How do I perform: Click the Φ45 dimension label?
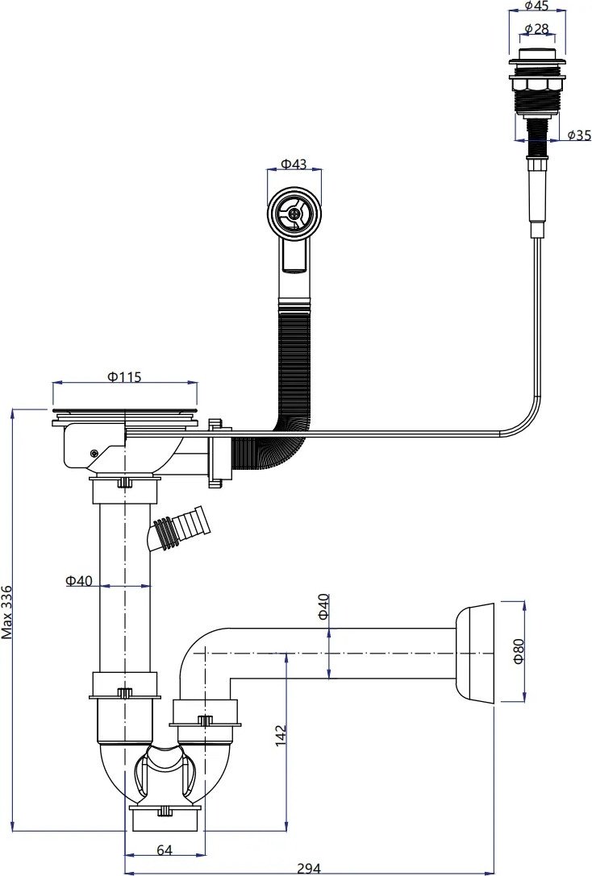pyautogui.click(x=537, y=6)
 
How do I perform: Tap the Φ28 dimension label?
pyautogui.click(x=537, y=30)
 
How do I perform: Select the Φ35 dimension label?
pyautogui.click(x=579, y=135)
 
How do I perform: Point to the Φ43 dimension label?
pyautogui.click(x=294, y=164)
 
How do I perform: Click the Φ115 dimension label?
pyautogui.click(x=124, y=377)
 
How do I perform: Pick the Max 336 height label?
pyautogui.click(x=7, y=611)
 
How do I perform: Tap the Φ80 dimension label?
pyautogui.click(x=519, y=650)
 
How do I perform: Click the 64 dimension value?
pyautogui.click(x=165, y=850)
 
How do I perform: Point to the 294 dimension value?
pyautogui.click(x=309, y=869)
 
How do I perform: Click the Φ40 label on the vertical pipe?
pyautogui.click(x=79, y=580)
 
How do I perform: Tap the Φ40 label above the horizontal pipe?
pyautogui.click(x=323, y=606)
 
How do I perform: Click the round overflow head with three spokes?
pyautogui.click(x=294, y=213)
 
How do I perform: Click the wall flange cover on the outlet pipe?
pyautogui.click(x=474, y=651)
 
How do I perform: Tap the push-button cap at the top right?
pyautogui.click(x=536, y=60)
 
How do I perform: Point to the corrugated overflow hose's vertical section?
pyautogui.click(x=294, y=363)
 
